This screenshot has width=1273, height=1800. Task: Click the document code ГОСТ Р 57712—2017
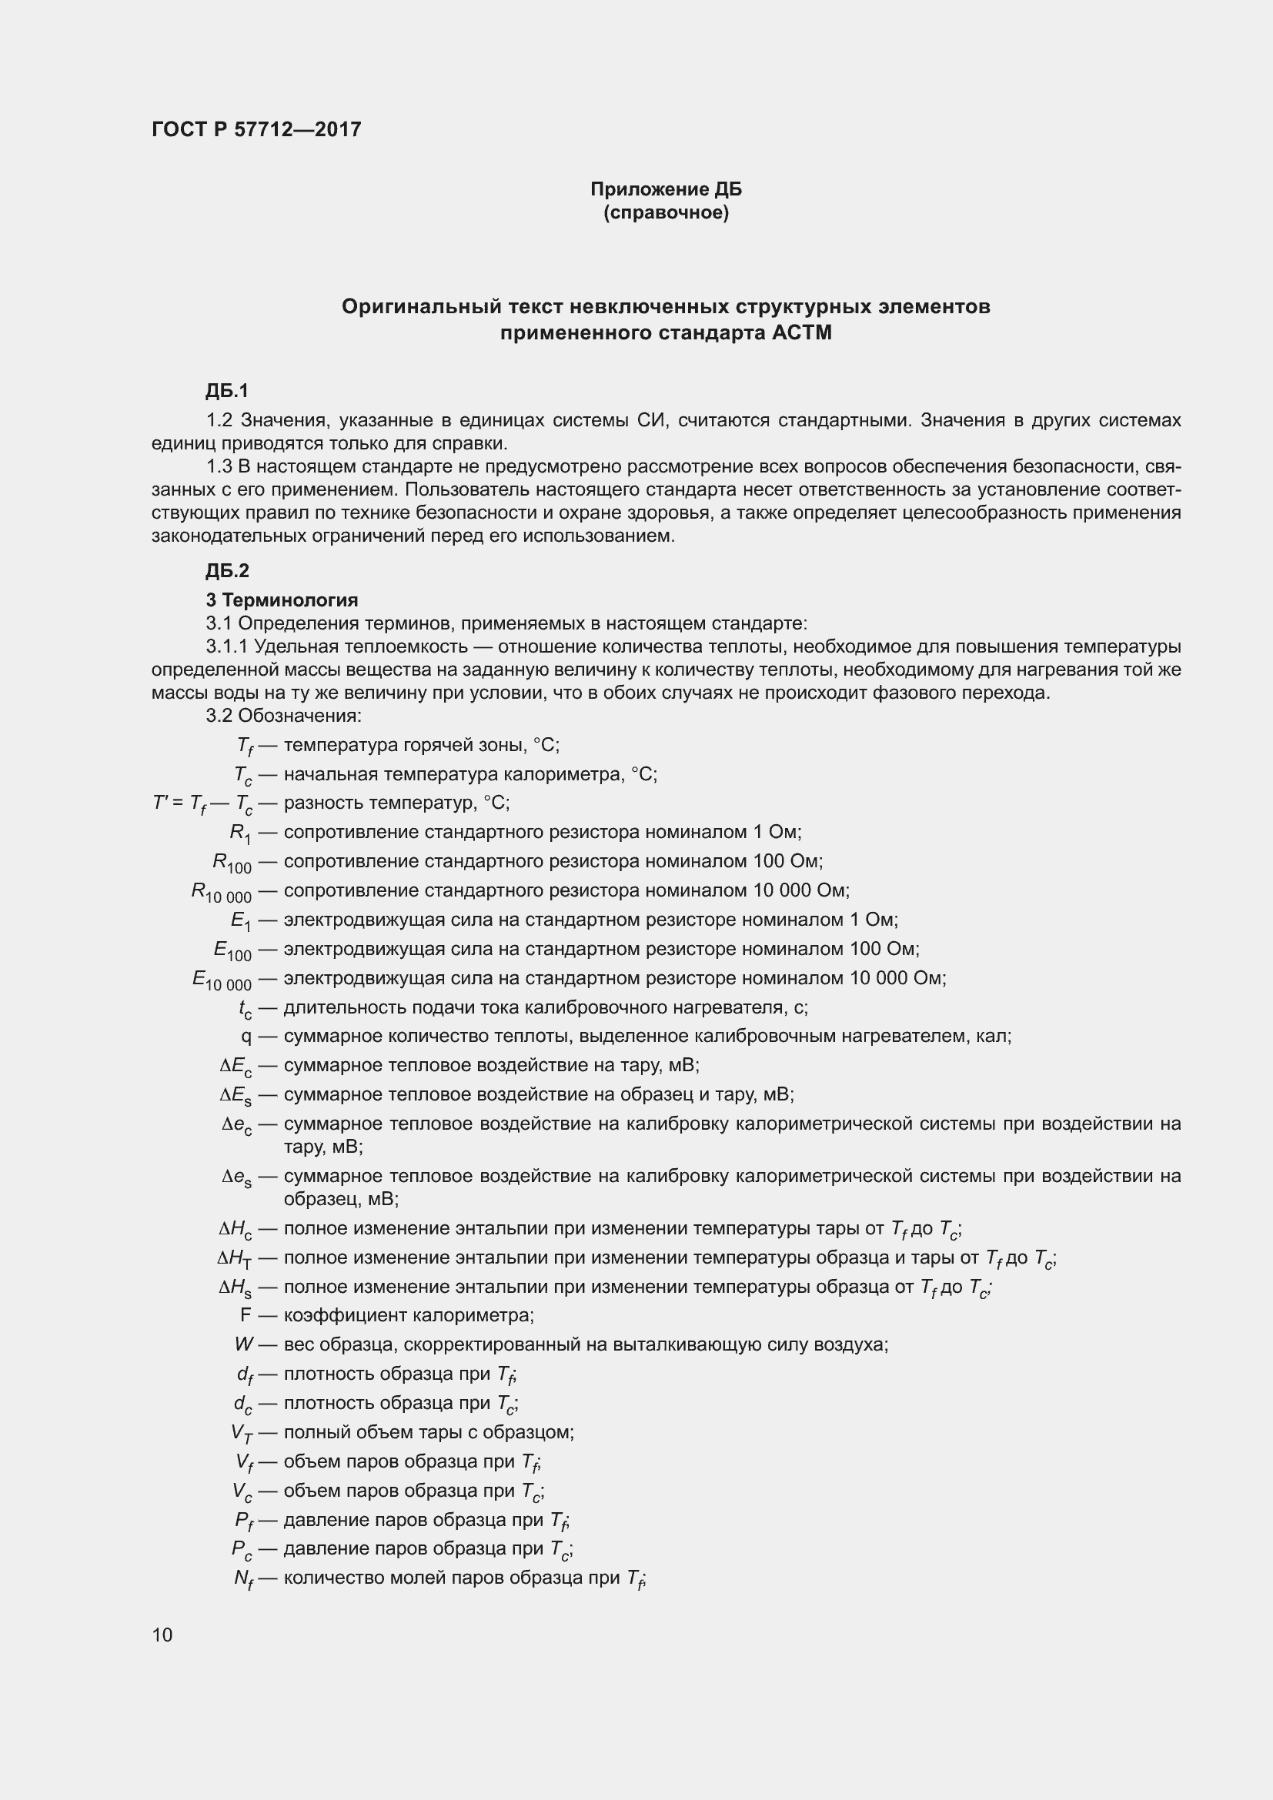[x=256, y=129]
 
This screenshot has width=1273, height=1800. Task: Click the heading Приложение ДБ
[x=666, y=189]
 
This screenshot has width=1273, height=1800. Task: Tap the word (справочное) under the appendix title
[x=666, y=212]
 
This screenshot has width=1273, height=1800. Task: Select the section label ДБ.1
[x=226, y=390]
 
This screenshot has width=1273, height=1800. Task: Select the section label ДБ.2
[x=226, y=571]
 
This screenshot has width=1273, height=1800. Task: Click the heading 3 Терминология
[x=282, y=599]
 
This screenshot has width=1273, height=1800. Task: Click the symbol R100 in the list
[x=232, y=863]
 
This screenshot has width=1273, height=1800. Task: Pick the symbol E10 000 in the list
[x=222, y=980]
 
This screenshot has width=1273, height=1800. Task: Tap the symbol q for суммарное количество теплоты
[x=246, y=1037]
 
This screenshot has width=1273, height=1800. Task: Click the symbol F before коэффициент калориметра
[x=246, y=1314]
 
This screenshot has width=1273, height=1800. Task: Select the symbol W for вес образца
[x=244, y=1344]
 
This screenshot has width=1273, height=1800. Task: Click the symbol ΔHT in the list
[x=235, y=1258]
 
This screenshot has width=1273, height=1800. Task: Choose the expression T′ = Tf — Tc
[x=202, y=803]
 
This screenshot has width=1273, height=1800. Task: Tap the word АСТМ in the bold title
[x=801, y=333]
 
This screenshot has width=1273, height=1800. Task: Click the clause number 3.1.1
[x=226, y=646]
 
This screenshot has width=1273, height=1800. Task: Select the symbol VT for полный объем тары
[x=242, y=1432]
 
